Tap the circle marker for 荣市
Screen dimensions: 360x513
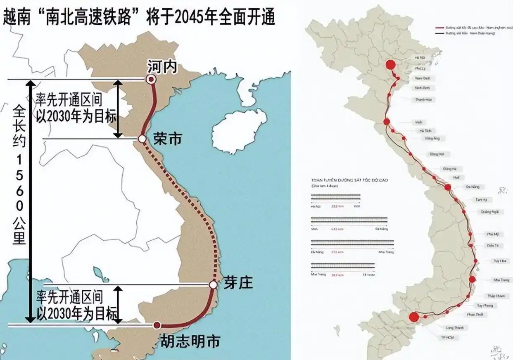coord(142,139)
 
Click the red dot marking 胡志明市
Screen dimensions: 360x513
coord(157,325)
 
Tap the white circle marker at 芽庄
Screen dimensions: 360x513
coord(213,285)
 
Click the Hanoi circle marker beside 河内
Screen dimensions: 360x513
coord(152,80)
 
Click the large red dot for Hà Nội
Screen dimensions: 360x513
coord(390,65)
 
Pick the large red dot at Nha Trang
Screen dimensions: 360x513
coord(473,279)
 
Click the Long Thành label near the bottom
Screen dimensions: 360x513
coord(455,328)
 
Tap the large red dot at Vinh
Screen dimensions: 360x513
coord(387,121)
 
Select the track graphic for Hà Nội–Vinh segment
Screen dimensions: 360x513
coord(335,199)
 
